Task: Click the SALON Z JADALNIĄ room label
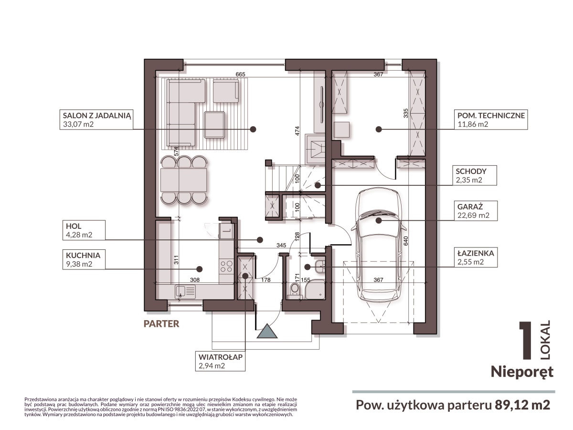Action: tap(96, 119)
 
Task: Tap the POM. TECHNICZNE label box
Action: tap(490, 119)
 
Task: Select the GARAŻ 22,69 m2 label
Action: tap(476, 211)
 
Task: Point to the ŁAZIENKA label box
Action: tap(476, 257)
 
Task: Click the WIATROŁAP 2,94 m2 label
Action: tap(220, 361)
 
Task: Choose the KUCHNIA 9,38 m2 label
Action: tap(84, 259)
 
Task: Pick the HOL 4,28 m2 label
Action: tap(84, 230)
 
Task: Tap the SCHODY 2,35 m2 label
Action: tap(475, 175)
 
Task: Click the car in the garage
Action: tap(379, 246)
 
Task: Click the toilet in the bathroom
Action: tap(295, 290)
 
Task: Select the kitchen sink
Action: tap(186, 291)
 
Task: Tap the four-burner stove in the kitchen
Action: tap(226, 266)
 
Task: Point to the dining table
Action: tap(183, 180)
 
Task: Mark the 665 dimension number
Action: tap(240, 74)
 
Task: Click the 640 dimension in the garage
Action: tap(406, 241)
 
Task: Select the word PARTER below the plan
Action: tap(161, 324)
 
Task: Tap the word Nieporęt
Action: tap(522, 372)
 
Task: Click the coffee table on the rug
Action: tap(214, 125)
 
